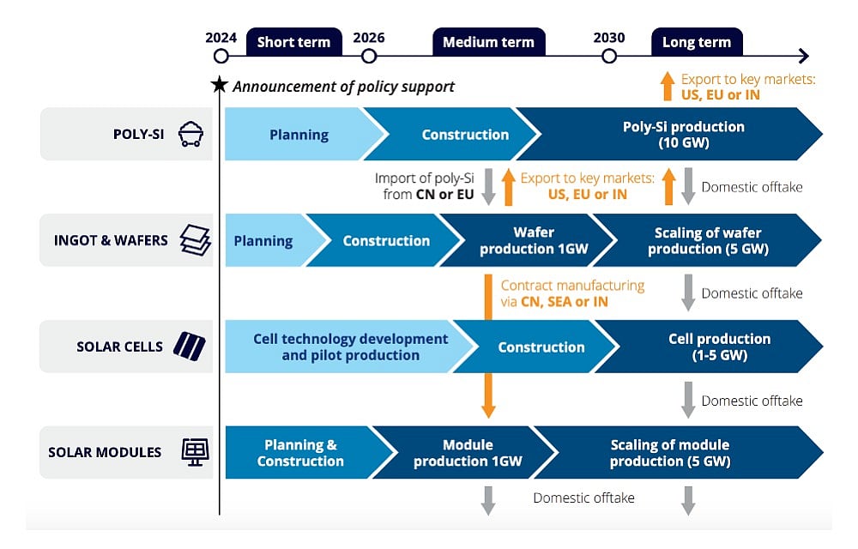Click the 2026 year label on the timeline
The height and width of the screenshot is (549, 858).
pyautogui.click(x=369, y=38)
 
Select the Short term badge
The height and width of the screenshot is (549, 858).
pyautogui.click(x=293, y=42)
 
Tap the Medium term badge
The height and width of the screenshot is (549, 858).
pyautogui.click(x=488, y=42)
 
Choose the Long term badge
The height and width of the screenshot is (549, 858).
pyautogui.click(x=696, y=42)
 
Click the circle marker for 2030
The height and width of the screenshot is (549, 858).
pyautogui.click(x=609, y=57)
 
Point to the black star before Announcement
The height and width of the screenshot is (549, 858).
pyautogui.click(x=220, y=85)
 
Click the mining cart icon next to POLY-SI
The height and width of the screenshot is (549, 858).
pyautogui.click(x=190, y=134)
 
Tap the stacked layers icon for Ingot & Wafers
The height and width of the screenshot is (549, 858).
pyautogui.click(x=195, y=240)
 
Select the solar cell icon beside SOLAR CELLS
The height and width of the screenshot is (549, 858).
pyautogui.click(x=189, y=347)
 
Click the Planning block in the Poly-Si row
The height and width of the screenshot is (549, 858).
pyautogui.click(x=299, y=135)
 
